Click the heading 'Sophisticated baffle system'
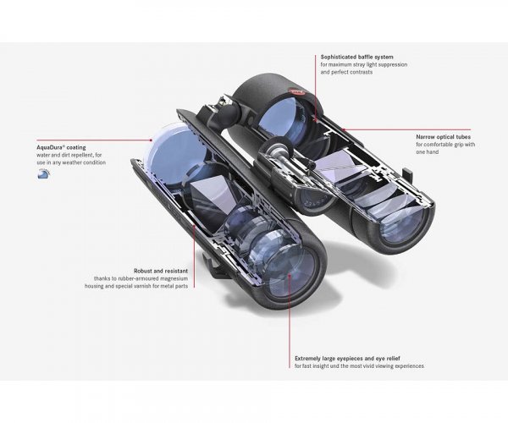356,57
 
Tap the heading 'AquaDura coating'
61,147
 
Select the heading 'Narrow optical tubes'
443,137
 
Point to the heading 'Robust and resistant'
161,271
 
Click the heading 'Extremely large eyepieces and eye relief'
347,359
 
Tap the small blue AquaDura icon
44,173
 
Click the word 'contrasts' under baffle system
359,72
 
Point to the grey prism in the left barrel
213,201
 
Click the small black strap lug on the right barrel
408,175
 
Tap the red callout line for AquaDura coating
94,140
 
